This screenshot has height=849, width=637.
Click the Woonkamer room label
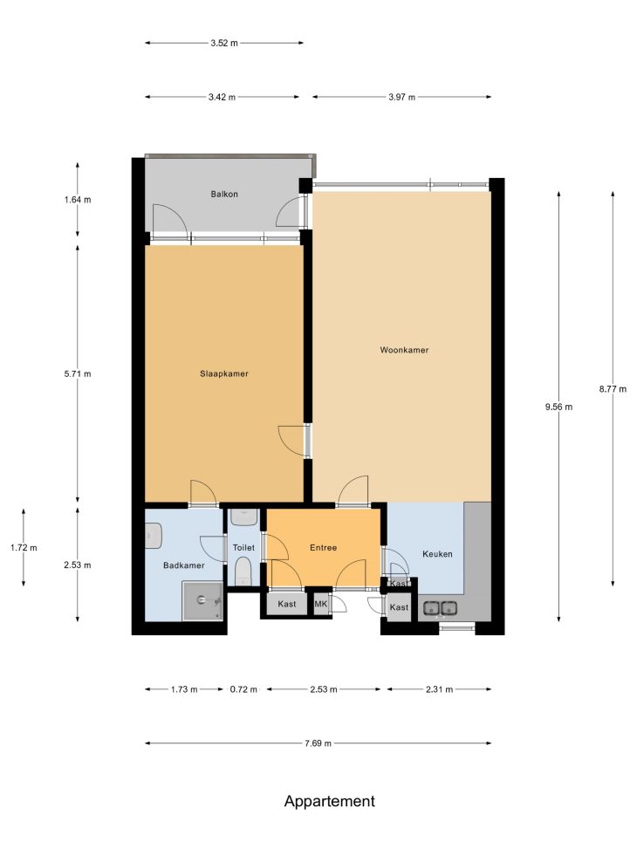pyautogui.click(x=404, y=350)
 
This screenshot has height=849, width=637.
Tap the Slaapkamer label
pyautogui.click(x=224, y=373)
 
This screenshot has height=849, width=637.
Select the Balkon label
pyautogui.click(x=224, y=194)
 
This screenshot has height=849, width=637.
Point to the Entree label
pyautogui.click(x=324, y=547)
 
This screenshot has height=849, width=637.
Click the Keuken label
pyautogui.click(x=437, y=554)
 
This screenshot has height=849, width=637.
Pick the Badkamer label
pyautogui.click(x=184, y=565)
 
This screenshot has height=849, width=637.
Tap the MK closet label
pyautogui.click(x=320, y=604)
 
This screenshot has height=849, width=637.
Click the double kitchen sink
pyautogui.click(x=440, y=608)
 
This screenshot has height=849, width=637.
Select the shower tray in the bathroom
pyautogui.click(x=202, y=601)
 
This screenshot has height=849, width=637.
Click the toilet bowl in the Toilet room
pyautogui.click(x=243, y=572)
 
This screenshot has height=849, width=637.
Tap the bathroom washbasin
pyautogui.click(x=154, y=536)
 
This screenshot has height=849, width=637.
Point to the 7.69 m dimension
pyautogui.click(x=318, y=743)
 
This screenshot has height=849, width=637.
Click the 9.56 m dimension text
pyautogui.click(x=558, y=407)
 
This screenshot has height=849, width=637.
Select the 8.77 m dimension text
pyautogui.click(x=613, y=389)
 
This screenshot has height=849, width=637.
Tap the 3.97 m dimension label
pyautogui.click(x=402, y=98)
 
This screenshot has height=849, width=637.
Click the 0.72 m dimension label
pyautogui.click(x=243, y=689)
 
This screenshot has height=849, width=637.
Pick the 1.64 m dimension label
pyautogui.click(x=78, y=200)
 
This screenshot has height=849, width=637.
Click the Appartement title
pyautogui.click(x=329, y=801)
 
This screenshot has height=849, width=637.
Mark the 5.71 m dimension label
pyautogui.click(x=78, y=373)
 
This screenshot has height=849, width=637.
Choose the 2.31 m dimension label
pyautogui.click(x=439, y=689)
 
